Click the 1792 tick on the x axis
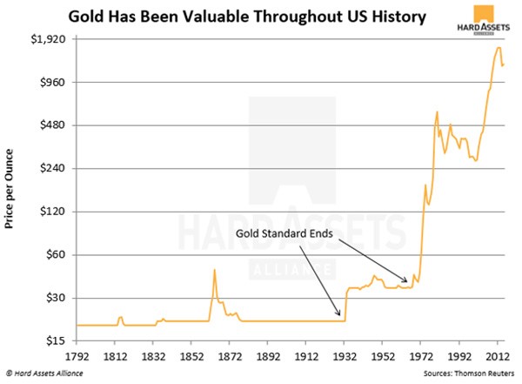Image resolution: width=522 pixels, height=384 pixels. coord(77,356)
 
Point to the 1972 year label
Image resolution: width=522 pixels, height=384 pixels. coord(421,356)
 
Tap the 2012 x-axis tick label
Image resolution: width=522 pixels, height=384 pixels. coord(498,356)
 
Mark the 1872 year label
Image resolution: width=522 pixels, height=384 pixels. coord(230,356)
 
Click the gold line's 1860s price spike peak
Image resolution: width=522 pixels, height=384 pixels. coord(215,270)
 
